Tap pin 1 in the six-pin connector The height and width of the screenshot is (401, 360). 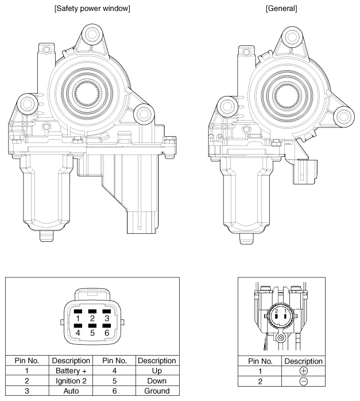78,317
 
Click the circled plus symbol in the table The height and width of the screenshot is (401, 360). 304,371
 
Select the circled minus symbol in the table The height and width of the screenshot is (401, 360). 304,381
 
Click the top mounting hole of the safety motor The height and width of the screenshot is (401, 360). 90,36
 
